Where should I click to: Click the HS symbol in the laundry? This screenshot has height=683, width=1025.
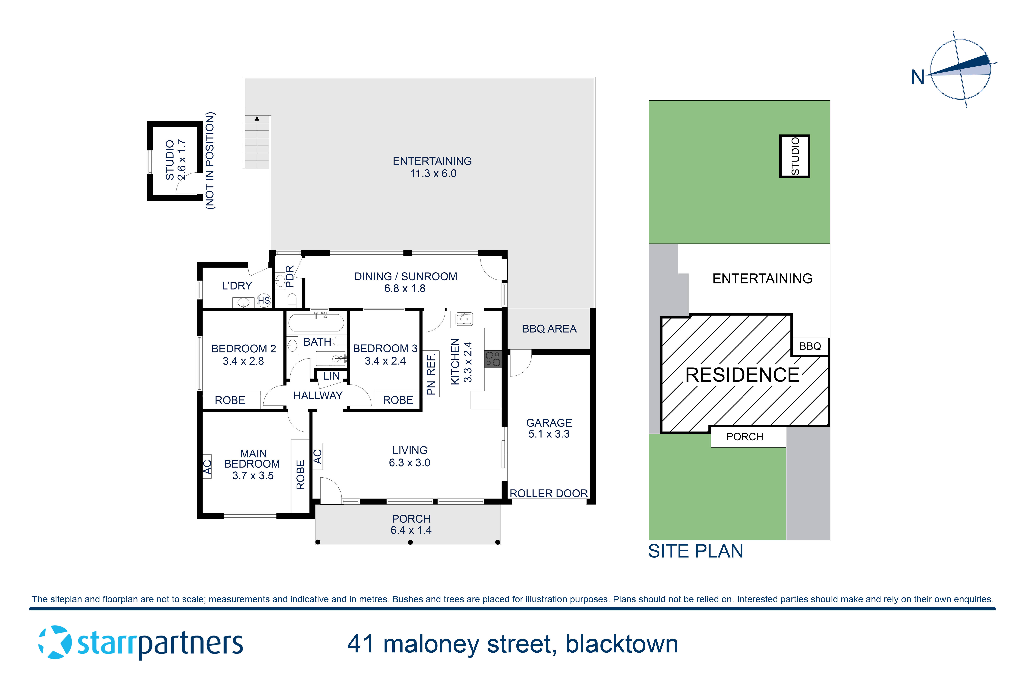(264, 301)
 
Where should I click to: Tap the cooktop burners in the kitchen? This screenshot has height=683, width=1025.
(493, 359)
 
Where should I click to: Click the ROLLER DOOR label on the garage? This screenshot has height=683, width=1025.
(549, 493)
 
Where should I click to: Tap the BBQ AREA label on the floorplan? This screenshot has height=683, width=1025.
(549, 329)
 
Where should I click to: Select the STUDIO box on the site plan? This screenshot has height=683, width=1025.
(795, 156)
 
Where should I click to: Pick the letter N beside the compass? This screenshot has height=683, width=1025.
(917, 78)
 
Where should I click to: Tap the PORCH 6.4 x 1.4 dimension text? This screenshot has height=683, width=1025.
(411, 530)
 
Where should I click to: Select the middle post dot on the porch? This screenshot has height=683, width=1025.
(410, 542)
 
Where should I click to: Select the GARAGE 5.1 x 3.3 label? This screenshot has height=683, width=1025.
(549, 428)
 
